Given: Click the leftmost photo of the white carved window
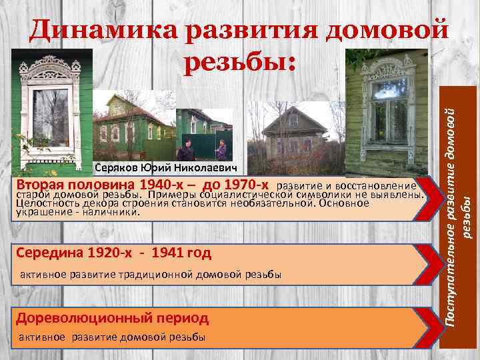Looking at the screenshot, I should [51, 113].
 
